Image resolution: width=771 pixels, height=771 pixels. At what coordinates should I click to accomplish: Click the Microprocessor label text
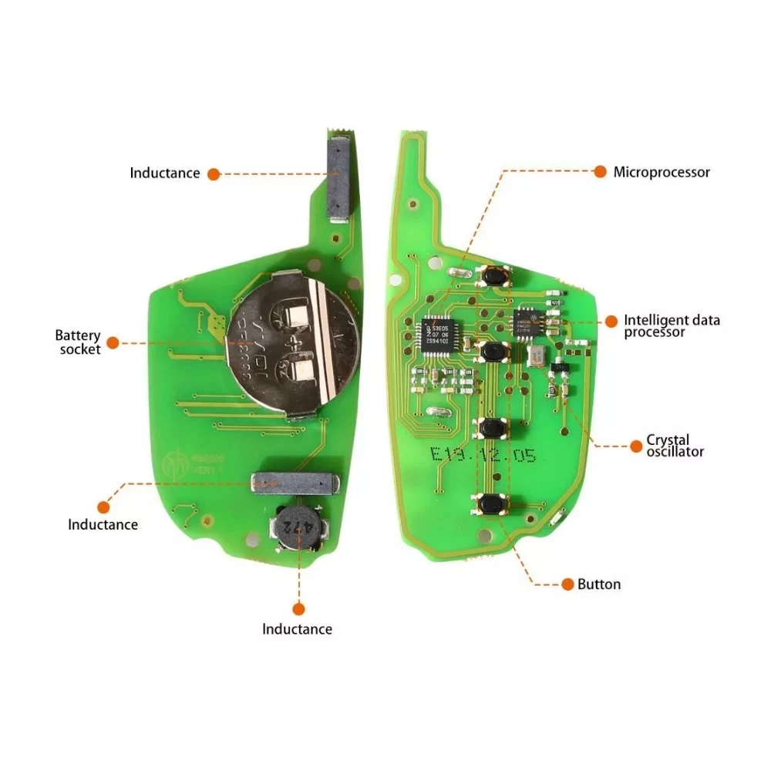[662, 173]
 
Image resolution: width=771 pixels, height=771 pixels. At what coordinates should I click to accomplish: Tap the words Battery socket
[77, 342]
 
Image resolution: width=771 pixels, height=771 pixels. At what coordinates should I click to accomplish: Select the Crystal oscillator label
[675, 446]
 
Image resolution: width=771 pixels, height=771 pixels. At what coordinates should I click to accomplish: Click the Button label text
[599, 584]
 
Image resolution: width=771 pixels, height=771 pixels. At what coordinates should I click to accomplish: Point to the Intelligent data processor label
[672, 325]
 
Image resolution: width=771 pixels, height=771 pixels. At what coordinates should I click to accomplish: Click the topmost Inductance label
[164, 173]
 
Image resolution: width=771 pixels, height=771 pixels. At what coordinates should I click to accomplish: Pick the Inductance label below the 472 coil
[297, 629]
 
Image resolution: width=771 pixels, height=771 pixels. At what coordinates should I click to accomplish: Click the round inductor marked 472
[298, 528]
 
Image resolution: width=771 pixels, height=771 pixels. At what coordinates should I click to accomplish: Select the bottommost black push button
[490, 505]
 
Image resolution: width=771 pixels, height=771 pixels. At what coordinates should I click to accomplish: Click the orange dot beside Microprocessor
[599, 172]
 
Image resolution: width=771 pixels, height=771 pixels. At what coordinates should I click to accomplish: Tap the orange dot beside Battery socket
[113, 342]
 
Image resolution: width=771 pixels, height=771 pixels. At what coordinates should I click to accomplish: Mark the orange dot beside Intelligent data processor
[611, 321]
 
